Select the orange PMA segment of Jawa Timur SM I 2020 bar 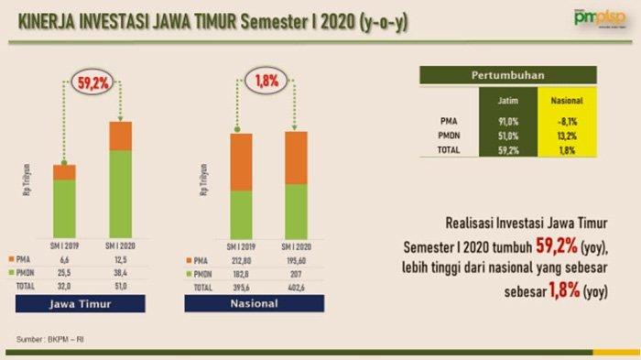tap(121, 136)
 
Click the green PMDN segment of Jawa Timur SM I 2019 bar tap(64, 208)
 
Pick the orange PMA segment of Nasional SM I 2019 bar tap(241, 162)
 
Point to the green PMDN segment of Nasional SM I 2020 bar tap(297, 211)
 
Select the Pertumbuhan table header tap(506, 74)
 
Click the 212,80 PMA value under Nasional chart tap(241, 260)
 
